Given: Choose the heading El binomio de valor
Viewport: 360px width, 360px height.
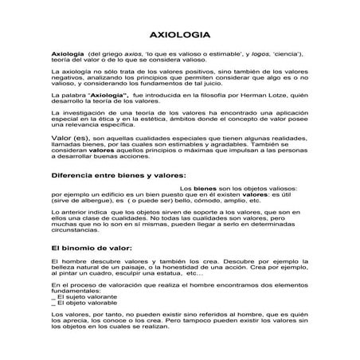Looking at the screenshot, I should [90, 248].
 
